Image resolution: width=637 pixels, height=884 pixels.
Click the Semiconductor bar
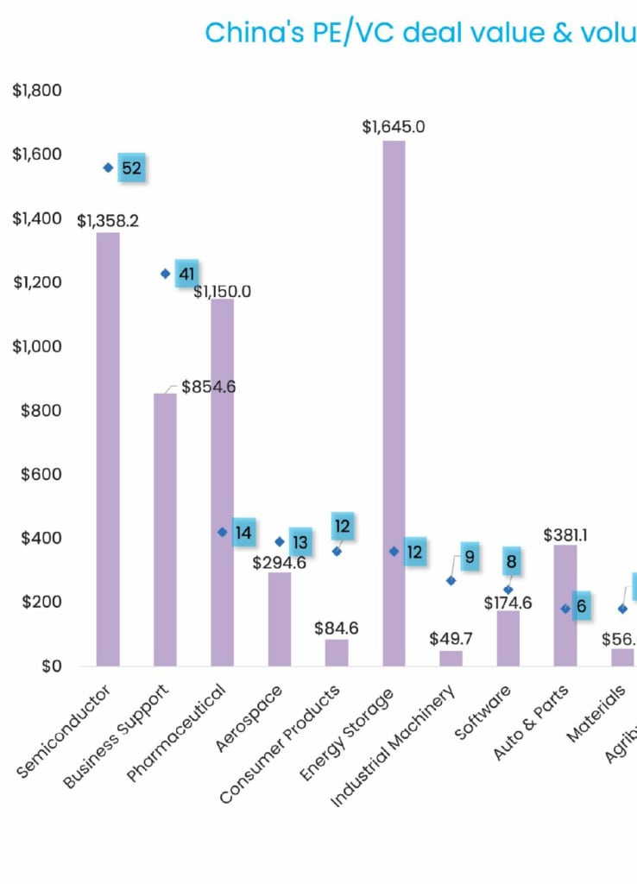tap(108, 449)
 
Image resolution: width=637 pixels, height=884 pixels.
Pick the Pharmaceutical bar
tap(223, 483)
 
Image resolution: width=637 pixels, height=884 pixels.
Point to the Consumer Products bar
tap(337, 653)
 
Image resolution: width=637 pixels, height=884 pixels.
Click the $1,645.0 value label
tap(394, 127)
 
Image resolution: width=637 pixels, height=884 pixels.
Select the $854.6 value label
tap(208, 387)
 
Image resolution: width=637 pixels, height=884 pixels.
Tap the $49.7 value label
tap(451, 639)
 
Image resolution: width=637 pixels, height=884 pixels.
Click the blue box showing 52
tap(131, 168)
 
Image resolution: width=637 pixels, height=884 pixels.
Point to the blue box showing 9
tap(470, 558)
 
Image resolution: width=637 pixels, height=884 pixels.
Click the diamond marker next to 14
tap(223, 533)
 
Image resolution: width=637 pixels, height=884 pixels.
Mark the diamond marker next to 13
tap(280, 542)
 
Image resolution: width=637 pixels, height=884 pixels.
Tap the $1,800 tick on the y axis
tap(37, 91)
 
